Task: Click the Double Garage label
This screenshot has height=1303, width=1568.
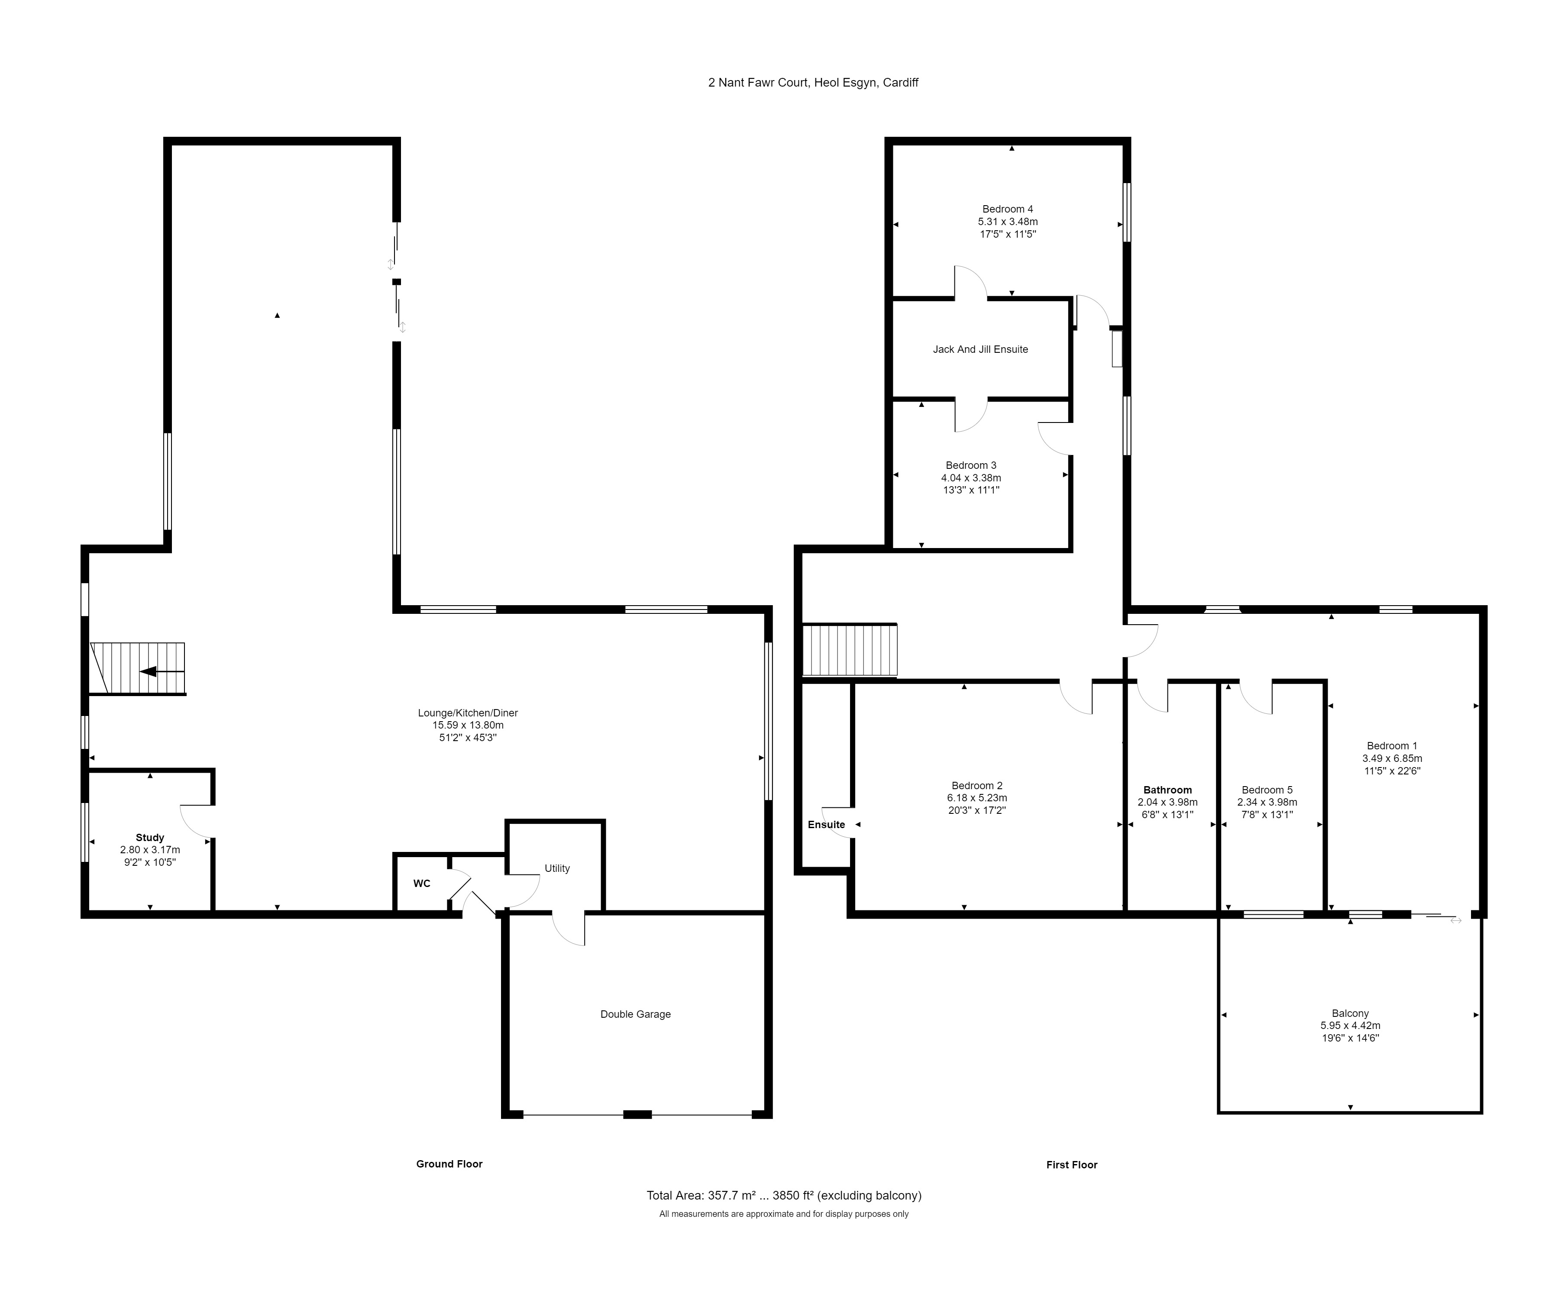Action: pyautogui.click(x=635, y=1014)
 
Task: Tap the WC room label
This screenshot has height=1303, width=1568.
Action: pyautogui.click(x=422, y=884)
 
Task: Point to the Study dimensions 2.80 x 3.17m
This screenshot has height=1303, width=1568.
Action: pyautogui.click(x=150, y=850)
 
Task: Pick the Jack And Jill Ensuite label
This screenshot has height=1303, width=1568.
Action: pyautogui.click(x=980, y=349)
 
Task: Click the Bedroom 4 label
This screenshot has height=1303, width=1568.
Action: pyautogui.click(x=1008, y=209)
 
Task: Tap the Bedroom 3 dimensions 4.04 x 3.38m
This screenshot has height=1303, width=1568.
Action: pyautogui.click(x=971, y=477)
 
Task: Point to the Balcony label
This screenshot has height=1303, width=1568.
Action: pyautogui.click(x=1350, y=1013)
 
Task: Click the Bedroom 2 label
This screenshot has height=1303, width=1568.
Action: pyautogui.click(x=976, y=785)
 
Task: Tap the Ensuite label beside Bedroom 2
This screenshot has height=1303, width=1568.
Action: pyautogui.click(x=827, y=825)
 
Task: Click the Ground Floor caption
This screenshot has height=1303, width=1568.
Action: pyautogui.click(x=449, y=1164)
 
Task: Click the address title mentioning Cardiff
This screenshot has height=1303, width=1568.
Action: pyautogui.click(x=813, y=83)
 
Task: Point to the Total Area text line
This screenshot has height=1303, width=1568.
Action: pyautogui.click(x=784, y=1196)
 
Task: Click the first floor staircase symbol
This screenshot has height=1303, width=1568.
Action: pyautogui.click(x=850, y=650)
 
